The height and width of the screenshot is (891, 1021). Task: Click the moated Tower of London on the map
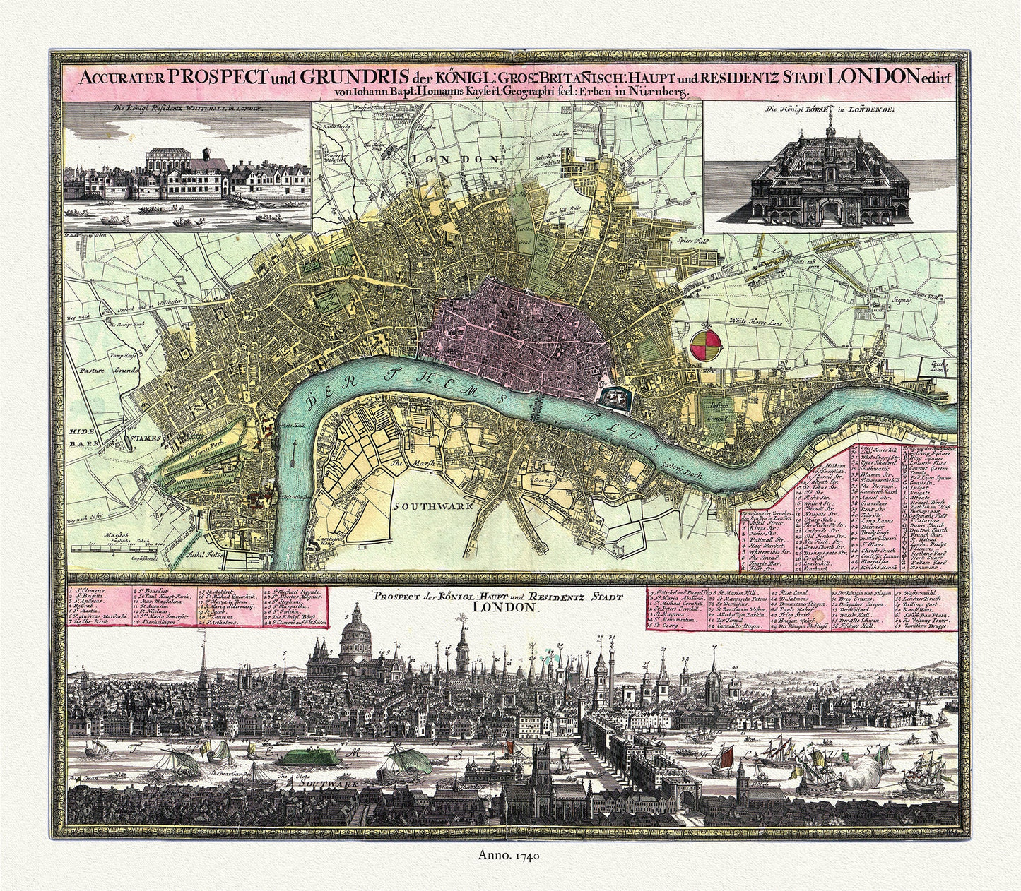(613, 398)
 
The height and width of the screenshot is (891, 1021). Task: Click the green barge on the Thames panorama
(304, 758)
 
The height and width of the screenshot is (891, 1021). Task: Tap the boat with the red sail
(723, 758)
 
